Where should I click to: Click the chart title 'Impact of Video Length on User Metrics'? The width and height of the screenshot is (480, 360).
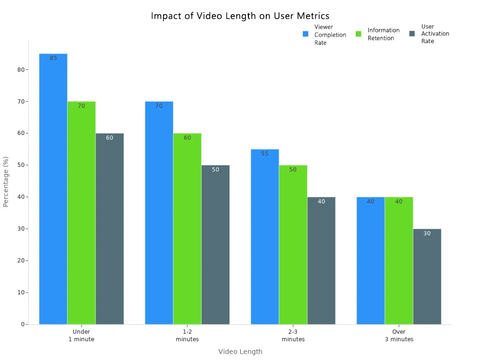240,16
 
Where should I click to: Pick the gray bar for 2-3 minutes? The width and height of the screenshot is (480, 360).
321,261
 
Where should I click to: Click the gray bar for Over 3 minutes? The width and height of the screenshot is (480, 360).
427,277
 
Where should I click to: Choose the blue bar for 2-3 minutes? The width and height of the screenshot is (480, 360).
265,237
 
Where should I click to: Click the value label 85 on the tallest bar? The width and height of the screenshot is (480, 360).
53,58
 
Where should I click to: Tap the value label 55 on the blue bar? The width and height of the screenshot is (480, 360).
265,154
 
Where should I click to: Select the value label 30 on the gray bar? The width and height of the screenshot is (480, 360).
427,233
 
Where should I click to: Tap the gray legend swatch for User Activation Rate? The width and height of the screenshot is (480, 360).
412,34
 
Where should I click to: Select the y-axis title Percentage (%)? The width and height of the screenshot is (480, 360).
6,181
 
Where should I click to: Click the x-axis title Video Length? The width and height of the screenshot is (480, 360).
240,352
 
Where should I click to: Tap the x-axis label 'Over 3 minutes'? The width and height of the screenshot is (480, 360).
399,336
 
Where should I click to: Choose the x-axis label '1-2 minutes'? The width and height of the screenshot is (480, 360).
187,336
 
